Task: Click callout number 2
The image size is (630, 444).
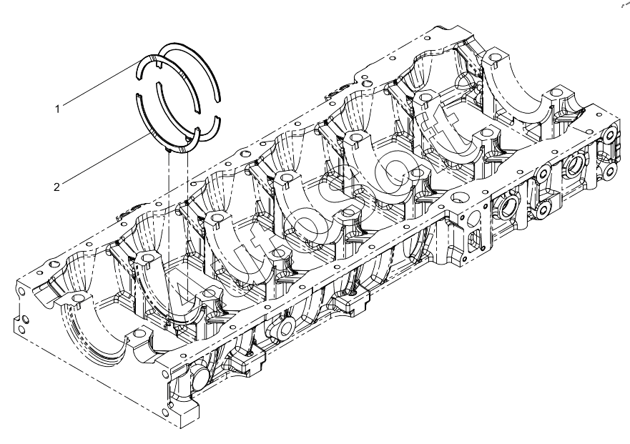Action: (x=57, y=187)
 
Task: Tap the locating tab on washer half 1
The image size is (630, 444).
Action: (x=157, y=64)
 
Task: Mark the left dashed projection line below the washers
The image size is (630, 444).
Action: (x=168, y=237)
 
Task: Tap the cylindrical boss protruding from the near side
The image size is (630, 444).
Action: (x=285, y=327)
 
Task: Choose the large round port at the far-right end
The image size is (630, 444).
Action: (x=573, y=169)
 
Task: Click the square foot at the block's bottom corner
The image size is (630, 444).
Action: (x=184, y=414)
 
